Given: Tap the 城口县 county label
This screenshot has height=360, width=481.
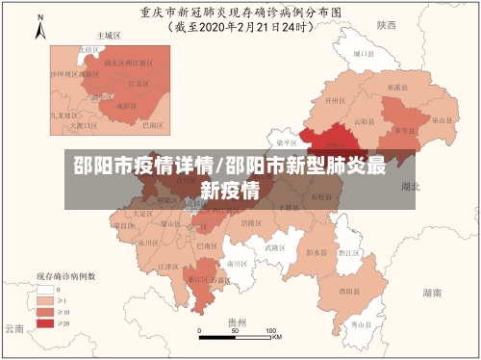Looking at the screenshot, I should click(x=362, y=55).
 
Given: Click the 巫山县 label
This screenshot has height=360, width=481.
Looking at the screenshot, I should click(x=442, y=120).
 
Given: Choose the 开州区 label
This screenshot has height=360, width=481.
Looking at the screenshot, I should click(x=334, y=100).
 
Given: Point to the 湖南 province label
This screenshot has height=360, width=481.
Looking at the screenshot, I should click(x=432, y=290).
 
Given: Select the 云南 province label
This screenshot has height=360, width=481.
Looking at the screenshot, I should click(x=13, y=328).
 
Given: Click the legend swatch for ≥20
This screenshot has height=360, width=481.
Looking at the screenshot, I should click(x=45, y=323).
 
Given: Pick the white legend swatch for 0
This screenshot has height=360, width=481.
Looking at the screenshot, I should click(x=45, y=289).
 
